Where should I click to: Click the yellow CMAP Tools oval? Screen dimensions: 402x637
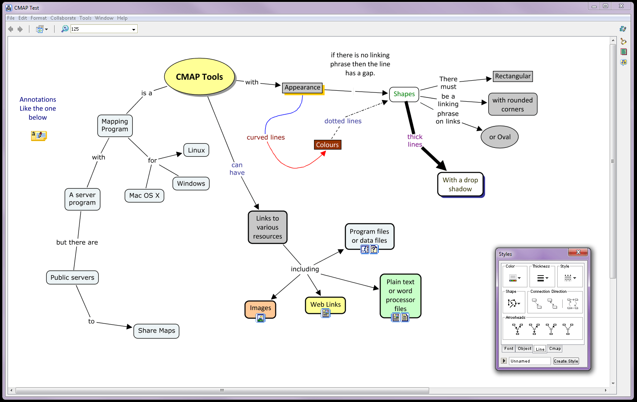click(x=199, y=77)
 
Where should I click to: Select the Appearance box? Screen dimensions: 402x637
click(x=302, y=87)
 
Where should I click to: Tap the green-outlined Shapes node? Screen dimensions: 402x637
click(x=404, y=94)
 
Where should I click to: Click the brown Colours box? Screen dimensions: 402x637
click(x=328, y=145)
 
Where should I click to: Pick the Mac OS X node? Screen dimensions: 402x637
click(x=144, y=196)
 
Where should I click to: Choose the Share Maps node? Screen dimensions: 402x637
click(x=157, y=331)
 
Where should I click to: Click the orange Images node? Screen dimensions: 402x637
click(x=260, y=308)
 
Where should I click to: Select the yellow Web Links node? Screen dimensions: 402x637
click(x=325, y=305)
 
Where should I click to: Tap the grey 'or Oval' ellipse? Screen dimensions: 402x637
click(x=500, y=137)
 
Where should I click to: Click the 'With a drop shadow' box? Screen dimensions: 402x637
click(x=460, y=184)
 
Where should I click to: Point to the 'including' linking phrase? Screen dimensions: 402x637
click(x=305, y=269)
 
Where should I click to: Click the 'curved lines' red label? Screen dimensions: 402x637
click(x=266, y=137)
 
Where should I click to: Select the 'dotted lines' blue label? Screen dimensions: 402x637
click(x=343, y=121)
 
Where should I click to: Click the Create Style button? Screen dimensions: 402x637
click(x=566, y=361)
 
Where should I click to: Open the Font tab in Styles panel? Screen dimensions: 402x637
click(x=509, y=349)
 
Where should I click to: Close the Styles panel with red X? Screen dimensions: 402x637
click(x=578, y=252)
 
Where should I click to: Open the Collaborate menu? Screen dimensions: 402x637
click(x=63, y=18)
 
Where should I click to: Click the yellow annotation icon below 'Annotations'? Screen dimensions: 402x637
click(x=39, y=135)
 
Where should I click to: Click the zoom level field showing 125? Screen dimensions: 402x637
click(x=101, y=29)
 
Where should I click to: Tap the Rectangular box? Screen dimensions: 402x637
click(x=513, y=76)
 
